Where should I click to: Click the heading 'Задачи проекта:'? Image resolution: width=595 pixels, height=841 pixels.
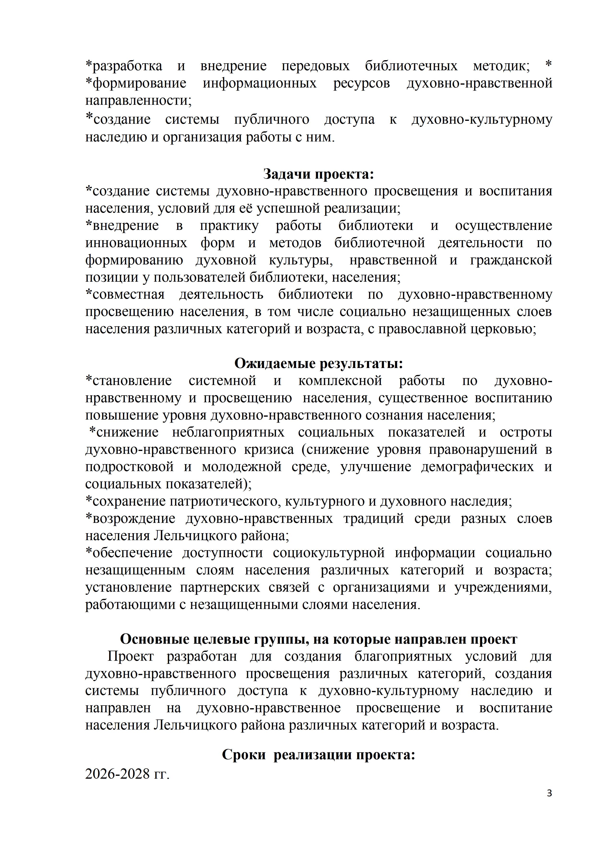coord(318,174)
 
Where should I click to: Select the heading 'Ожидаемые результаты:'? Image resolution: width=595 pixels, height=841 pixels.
coord(318,363)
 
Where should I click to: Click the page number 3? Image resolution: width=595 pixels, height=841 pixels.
coord(549,804)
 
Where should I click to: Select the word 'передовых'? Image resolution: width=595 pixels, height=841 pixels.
coord(315,66)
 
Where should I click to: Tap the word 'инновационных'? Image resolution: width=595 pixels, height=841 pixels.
coord(136,243)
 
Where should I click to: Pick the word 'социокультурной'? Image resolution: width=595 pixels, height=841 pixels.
coord(329,553)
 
